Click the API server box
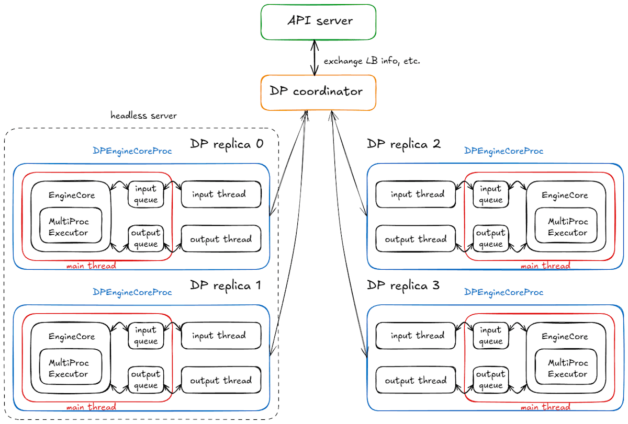(319, 22)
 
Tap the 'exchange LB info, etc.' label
(372, 61)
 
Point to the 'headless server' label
(143, 115)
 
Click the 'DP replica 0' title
(226, 144)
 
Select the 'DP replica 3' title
(403, 285)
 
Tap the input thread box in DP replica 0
(220, 194)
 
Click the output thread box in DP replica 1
(220, 381)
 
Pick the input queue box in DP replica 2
(490, 194)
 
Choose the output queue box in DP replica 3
(490, 380)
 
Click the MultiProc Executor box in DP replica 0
(71, 227)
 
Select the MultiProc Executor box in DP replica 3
(567, 369)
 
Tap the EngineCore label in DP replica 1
(72, 337)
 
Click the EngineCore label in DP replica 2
(565, 195)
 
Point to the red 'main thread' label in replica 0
(91, 266)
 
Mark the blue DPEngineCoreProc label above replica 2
(503, 151)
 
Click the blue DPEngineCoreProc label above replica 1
(132, 292)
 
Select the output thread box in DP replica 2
(416, 239)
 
